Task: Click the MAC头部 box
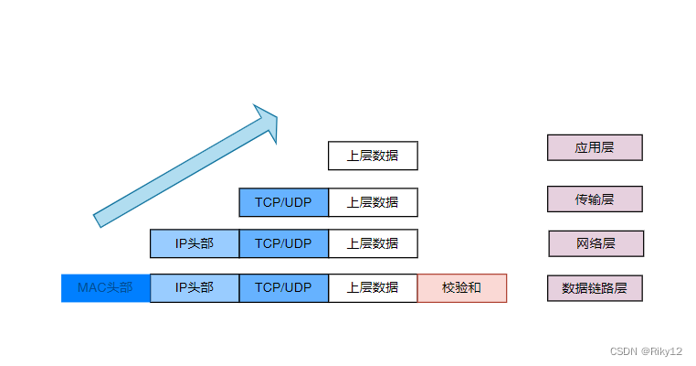click(x=105, y=287)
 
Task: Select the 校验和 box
click(x=461, y=287)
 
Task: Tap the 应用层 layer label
click(x=595, y=147)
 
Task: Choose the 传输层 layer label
click(x=595, y=199)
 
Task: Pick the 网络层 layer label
click(x=596, y=243)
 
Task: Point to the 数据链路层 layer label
click(x=595, y=287)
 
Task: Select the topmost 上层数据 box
click(x=373, y=156)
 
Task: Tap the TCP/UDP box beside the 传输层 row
click(x=283, y=202)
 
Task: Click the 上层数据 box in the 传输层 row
click(x=373, y=202)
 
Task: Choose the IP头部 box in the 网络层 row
click(x=195, y=243)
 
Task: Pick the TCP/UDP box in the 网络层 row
click(x=283, y=243)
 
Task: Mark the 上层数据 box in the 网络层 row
click(x=373, y=243)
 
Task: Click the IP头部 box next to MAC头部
click(x=195, y=287)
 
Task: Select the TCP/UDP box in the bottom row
click(x=283, y=287)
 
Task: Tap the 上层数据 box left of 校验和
click(x=373, y=287)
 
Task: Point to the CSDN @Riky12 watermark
click(x=646, y=350)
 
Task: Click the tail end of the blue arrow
click(x=100, y=220)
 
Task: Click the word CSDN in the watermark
click(x=624, y=350)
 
